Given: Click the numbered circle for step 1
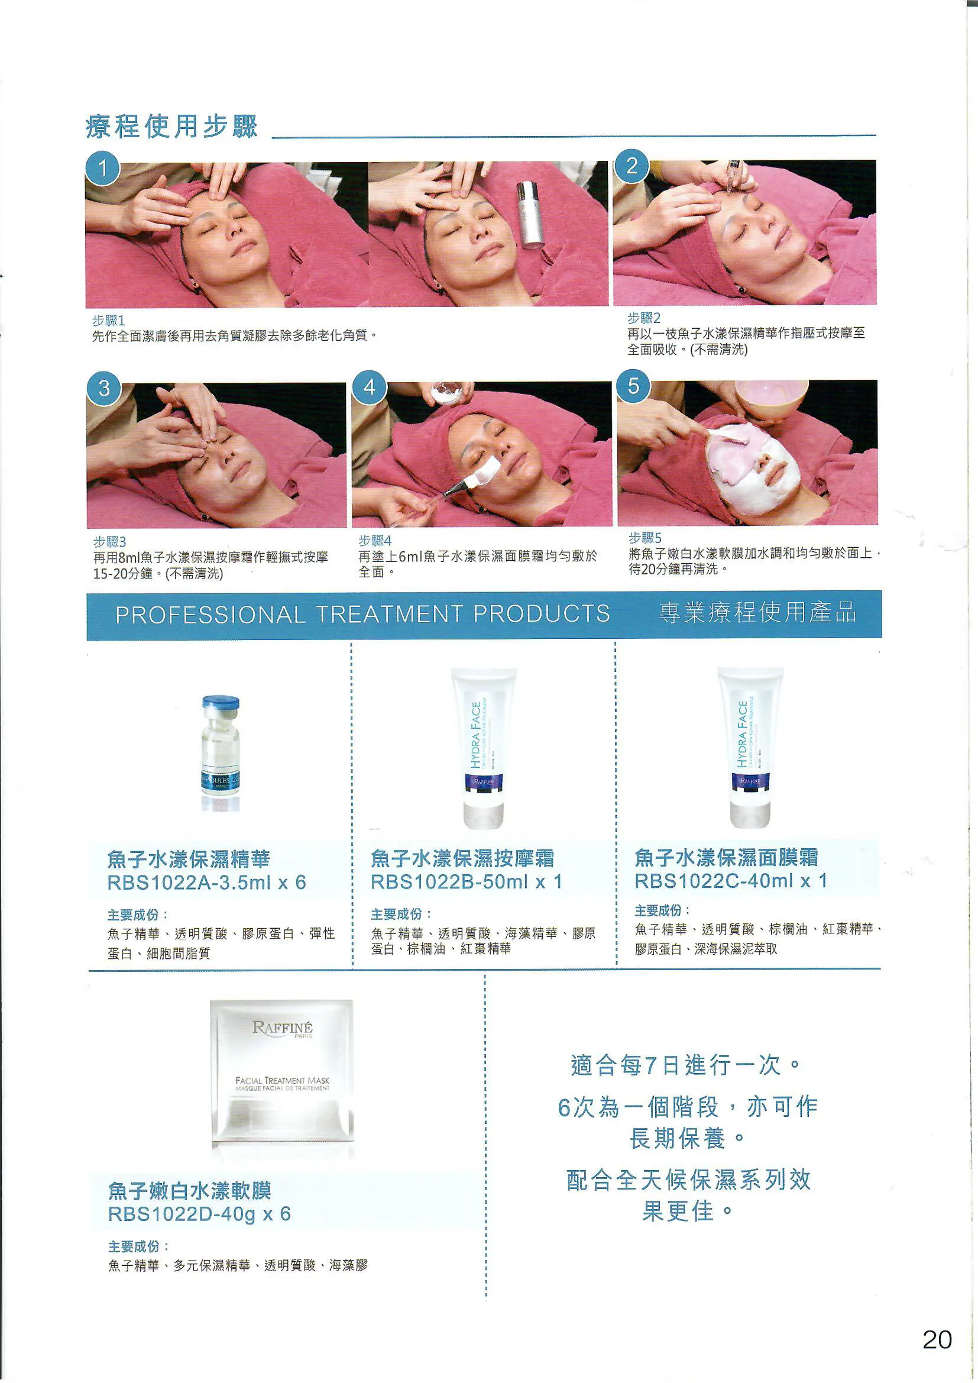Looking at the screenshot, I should point(102,168).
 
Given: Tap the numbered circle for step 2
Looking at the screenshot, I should point(631,166).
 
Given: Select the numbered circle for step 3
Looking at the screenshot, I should point(104,388).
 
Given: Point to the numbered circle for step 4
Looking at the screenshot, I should point(369,387).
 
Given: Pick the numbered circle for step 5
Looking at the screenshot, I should point(633,386).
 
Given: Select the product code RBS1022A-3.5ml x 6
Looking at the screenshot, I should point(206,883).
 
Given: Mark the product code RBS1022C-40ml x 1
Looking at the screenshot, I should point(730,881).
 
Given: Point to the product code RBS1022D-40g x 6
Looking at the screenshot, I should point(199,1214).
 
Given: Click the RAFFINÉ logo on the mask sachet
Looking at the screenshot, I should point(282,1027).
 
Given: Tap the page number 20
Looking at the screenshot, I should point(937,1340).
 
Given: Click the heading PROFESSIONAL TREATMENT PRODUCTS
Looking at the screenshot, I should point(362,615).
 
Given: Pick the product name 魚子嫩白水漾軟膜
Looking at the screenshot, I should point(189,1191).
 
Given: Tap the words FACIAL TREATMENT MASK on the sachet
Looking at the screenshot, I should point(282,1081).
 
